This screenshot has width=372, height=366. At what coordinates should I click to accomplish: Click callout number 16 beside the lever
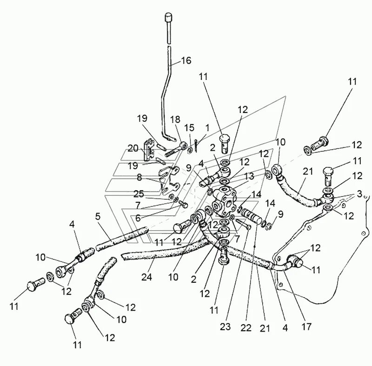click(x=186, y=61)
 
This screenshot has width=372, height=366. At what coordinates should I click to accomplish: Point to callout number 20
click(x=133, y=148)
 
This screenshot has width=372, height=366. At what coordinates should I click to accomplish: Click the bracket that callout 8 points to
click(x=167, y=179)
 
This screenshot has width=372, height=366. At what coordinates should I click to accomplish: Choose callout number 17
click(x=306, y=327)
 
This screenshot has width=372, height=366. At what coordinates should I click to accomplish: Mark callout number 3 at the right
click(x=359, y=193)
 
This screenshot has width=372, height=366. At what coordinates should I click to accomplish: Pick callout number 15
click(x=188, y=127)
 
